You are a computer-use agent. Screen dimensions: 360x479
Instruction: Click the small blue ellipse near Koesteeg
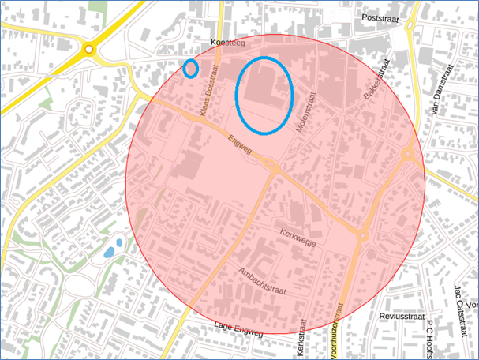190,69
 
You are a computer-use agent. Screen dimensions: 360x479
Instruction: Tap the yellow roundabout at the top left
89,50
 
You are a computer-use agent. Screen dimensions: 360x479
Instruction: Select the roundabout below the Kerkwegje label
362,234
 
